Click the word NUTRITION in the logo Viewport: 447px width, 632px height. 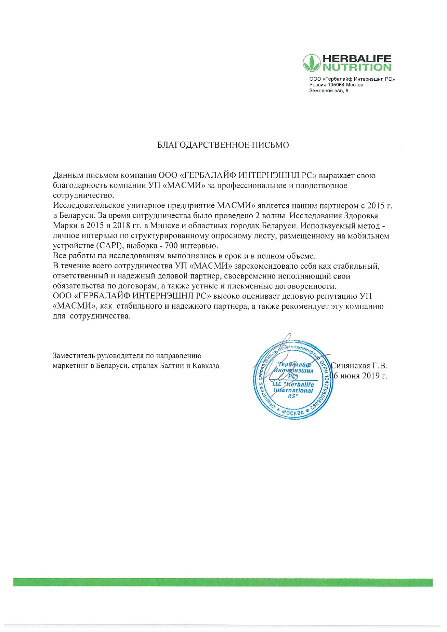pyautogui.click(x=357, y=67)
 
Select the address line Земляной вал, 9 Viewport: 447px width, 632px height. pyautogui.click(x=328, y=90)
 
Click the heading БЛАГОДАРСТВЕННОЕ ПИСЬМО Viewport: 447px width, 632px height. pyautogui.click(x=223, y=145)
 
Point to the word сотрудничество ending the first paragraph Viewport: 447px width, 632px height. pyautogui.click(x=83, y=196)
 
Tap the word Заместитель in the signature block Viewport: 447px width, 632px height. pyautogui.click(x=74, y=356)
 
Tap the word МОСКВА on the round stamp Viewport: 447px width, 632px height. pyautogui.click(x=293, y=412)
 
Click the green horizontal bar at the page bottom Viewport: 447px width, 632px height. pyautogui.click(x=223, y=582)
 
